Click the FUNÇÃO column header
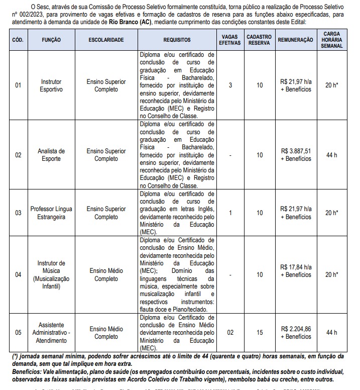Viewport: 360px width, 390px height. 52,39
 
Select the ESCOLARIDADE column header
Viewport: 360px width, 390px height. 106,39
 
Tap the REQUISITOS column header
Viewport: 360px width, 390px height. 177,39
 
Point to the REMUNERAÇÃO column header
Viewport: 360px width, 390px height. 295,39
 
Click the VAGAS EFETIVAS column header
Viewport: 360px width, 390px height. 230,39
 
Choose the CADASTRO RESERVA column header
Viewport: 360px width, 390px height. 260,39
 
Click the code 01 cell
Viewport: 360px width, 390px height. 18,85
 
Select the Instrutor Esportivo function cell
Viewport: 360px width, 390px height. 52,85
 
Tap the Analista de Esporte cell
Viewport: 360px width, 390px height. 52,155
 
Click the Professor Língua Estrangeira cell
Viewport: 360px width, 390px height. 52,213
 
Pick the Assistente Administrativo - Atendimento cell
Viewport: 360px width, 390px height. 52,332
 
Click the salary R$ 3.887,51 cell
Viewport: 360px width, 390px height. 296,155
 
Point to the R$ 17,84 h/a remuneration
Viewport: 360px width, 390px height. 296,270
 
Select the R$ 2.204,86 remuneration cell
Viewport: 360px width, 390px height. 296,332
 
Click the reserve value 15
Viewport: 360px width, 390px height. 260,332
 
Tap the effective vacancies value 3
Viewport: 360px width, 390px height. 230,85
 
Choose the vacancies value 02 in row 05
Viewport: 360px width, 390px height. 230,332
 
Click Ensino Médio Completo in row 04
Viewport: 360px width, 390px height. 106,274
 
